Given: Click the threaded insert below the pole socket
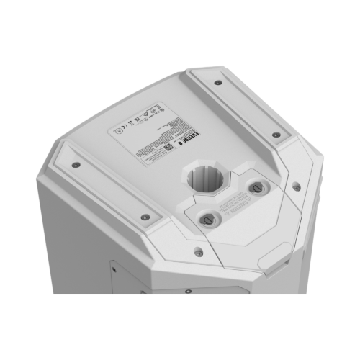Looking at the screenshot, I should click(x=206, y=217).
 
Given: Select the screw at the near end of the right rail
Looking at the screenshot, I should click(x=276, y=135).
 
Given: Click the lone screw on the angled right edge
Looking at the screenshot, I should click(x=296, y=186).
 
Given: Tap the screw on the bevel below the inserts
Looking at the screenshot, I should click(x=197, y=251).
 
